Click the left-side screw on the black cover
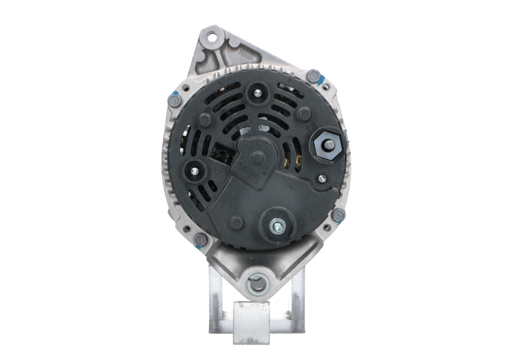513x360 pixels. pos(195,170)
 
